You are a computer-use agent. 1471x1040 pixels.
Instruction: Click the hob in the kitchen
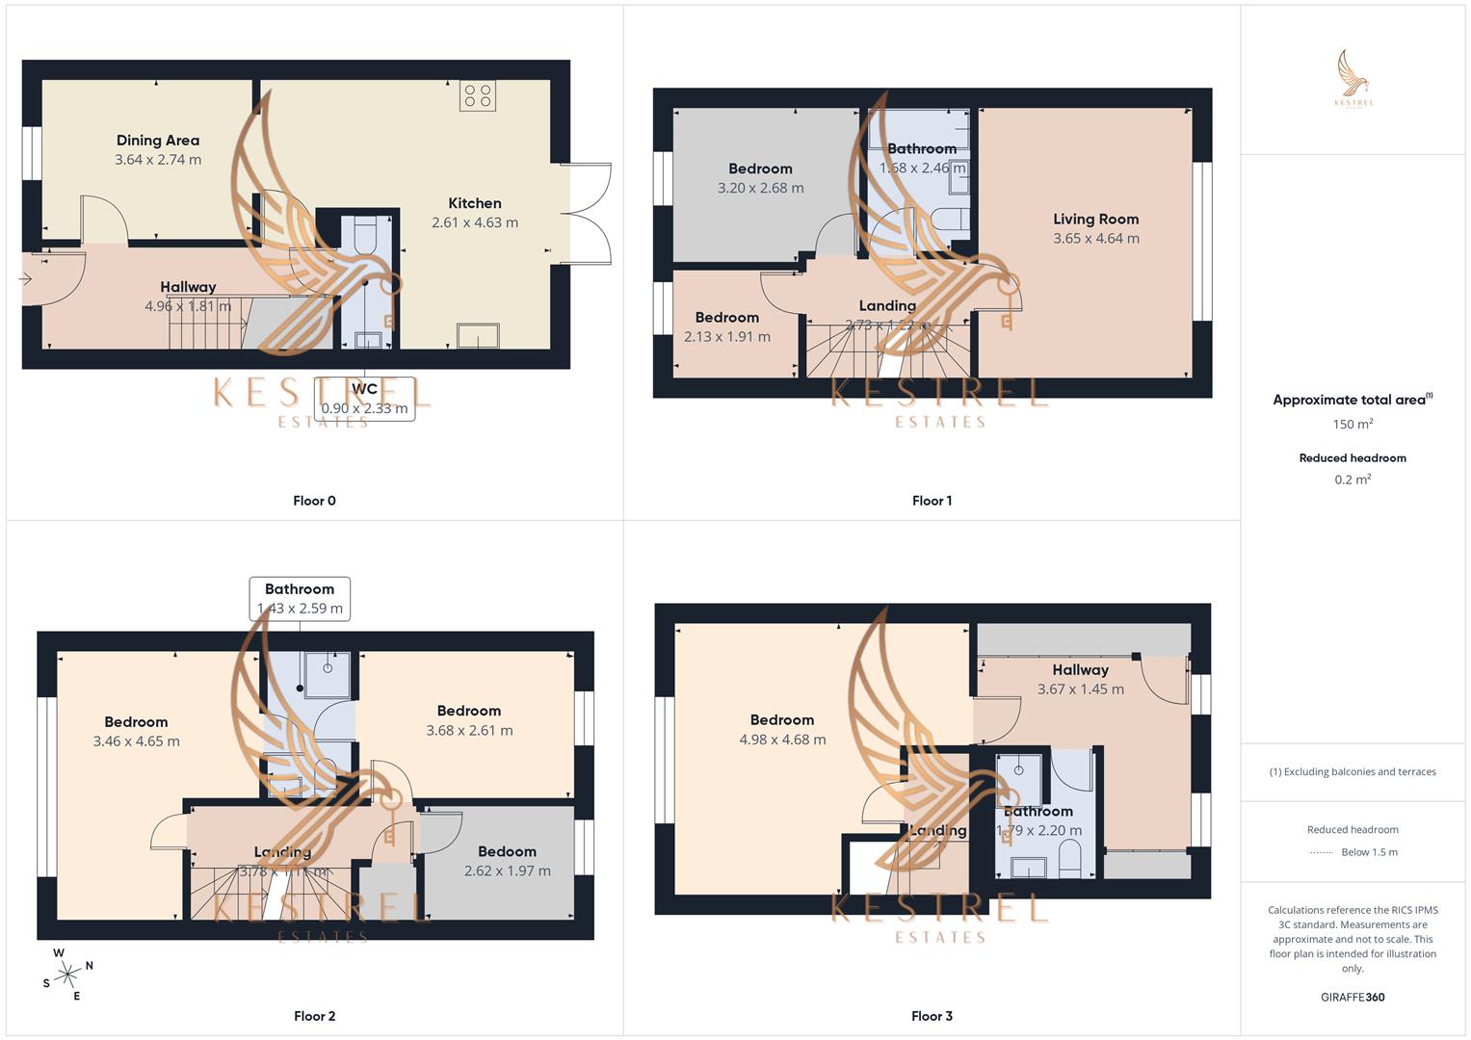(x=478, y=95)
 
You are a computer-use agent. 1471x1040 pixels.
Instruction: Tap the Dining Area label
(x=158, y=141)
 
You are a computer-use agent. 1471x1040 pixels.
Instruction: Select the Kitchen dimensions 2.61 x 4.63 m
(x=475, y=222)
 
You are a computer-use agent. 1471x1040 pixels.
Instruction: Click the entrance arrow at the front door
(x=25, y=279)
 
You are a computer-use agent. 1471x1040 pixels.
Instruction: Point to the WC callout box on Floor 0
(x=364, y=399)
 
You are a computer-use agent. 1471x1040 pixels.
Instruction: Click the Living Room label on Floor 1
(x=1095, y=220)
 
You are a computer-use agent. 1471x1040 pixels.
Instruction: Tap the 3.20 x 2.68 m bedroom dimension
(x=760, y=189)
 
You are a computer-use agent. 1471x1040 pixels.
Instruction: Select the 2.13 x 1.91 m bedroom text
(x=726, y=337)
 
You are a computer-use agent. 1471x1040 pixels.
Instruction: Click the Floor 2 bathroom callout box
(x=300, y=598)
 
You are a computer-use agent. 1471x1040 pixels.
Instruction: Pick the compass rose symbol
(x=67, y=975)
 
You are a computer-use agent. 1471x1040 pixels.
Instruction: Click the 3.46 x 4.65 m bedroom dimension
(x=136, y=741)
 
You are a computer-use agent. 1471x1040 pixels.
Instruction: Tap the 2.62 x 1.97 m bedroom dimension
(x=507, y=871)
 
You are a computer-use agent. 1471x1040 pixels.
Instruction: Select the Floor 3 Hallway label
(x=1080, y=670)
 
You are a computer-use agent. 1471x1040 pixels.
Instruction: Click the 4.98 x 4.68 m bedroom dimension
(x=782, y=741)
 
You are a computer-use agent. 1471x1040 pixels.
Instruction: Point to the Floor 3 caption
(x=932, y=1016)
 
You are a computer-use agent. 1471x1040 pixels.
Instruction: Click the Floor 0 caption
(x=314, y=501)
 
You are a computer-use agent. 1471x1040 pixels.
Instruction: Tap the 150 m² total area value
(x=1353, y=425)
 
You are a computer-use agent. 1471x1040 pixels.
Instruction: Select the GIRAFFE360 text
(x=1353, y=998)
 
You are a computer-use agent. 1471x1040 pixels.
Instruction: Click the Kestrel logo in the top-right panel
(x=1353, y=78)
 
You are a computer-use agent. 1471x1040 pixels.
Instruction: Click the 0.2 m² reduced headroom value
(x=1353, y=480)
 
